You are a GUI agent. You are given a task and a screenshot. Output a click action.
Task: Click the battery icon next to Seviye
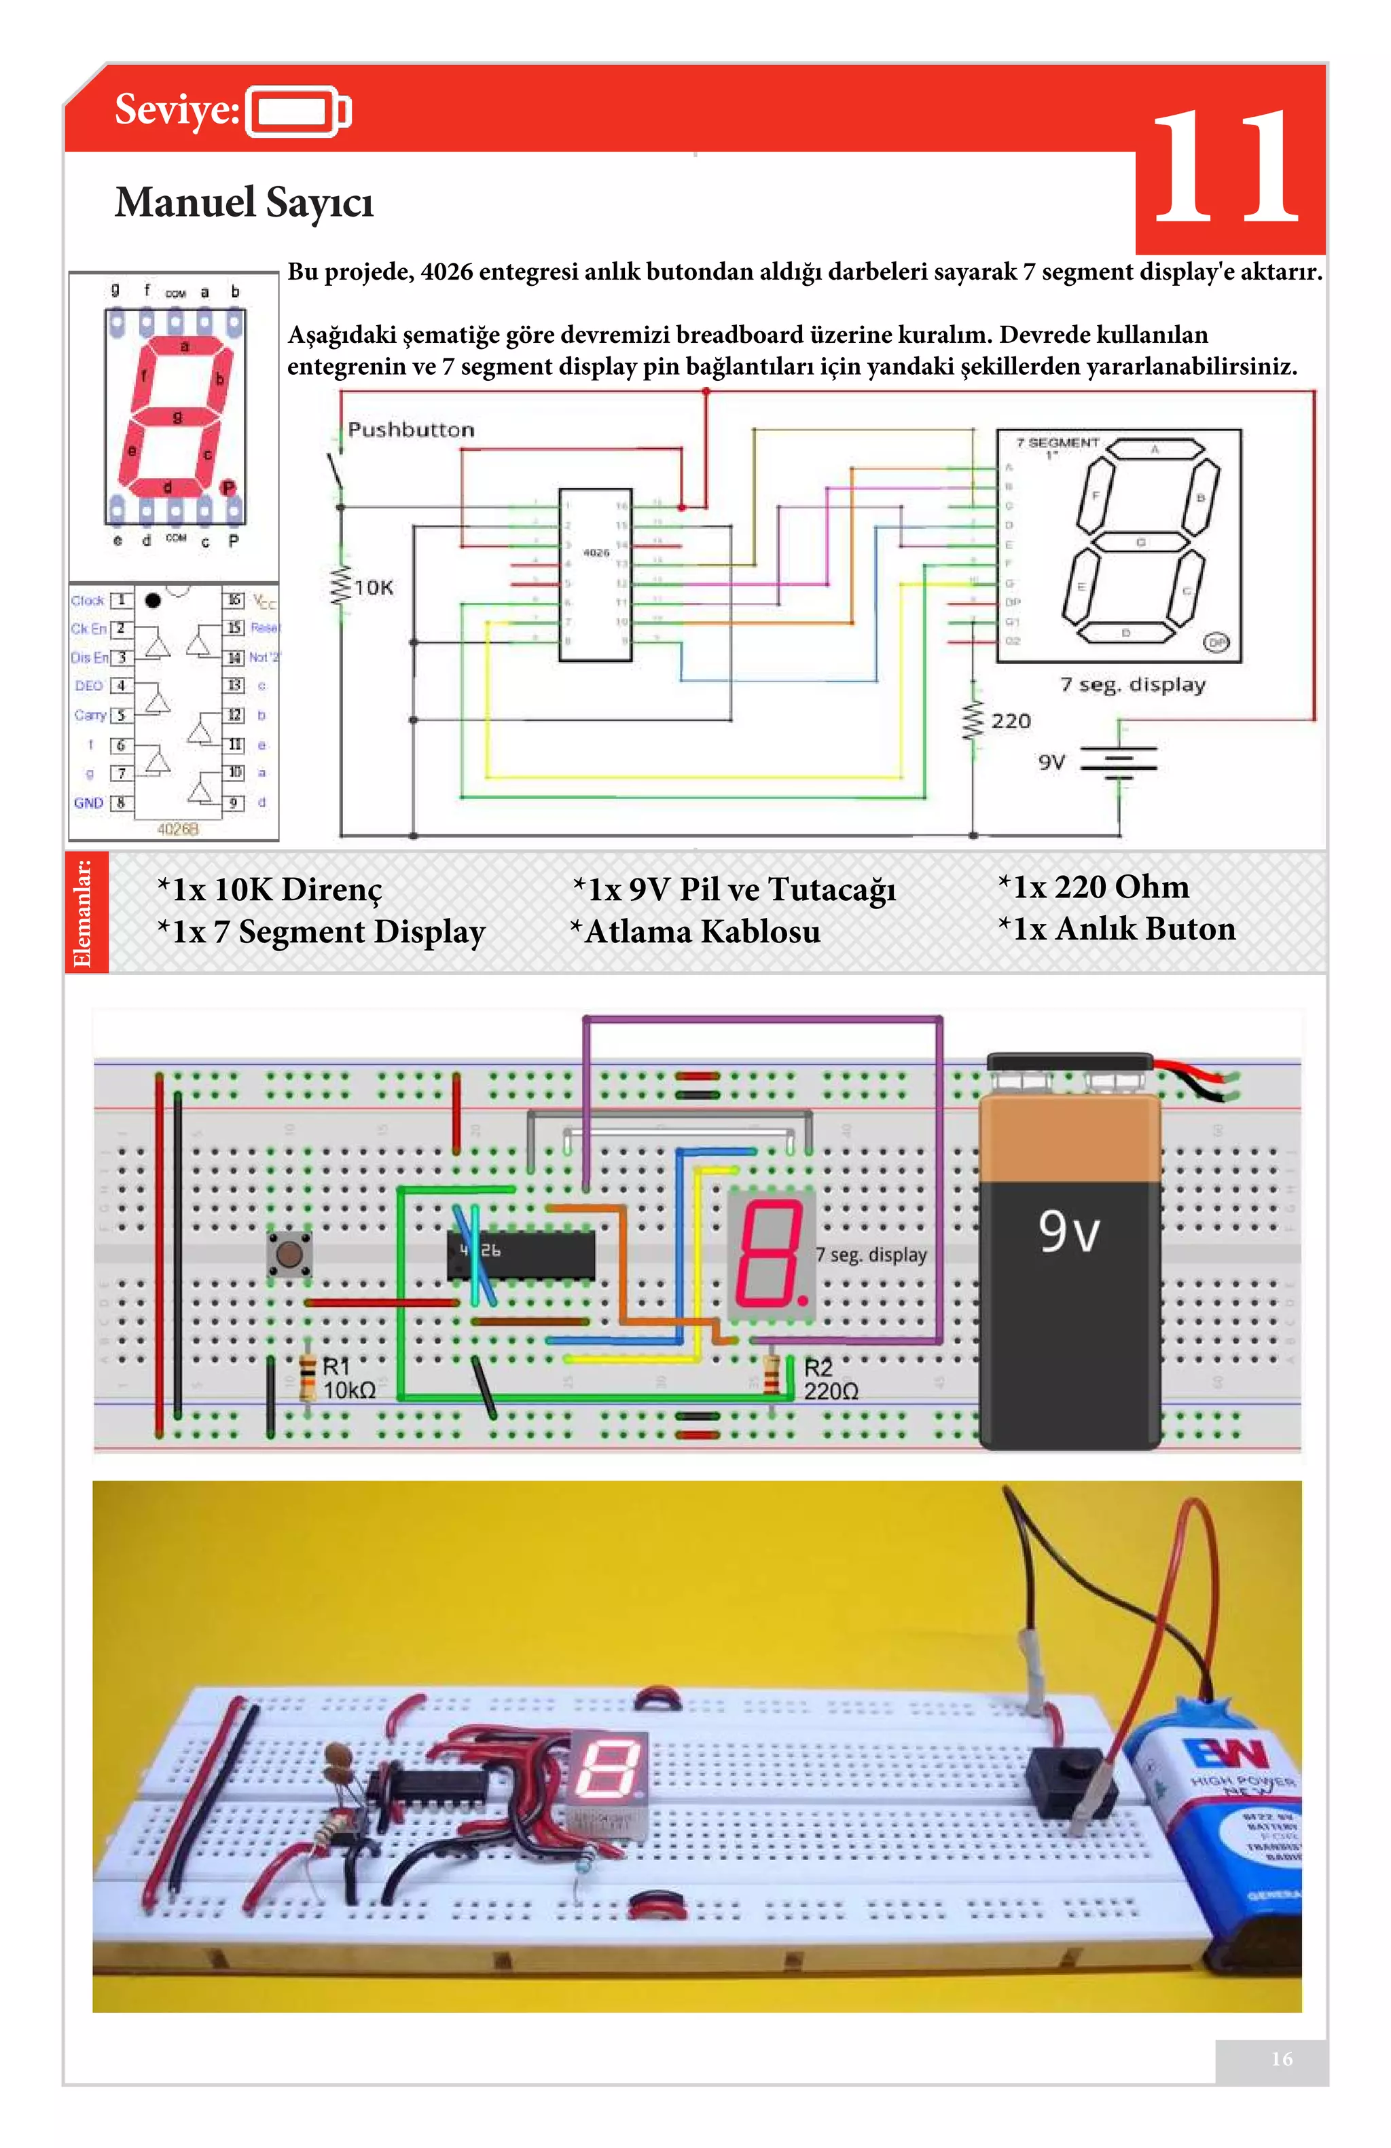[298, 112]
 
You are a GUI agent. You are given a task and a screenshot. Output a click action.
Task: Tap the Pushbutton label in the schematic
[411, 430]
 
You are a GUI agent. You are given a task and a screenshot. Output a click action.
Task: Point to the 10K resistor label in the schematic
[373, 587]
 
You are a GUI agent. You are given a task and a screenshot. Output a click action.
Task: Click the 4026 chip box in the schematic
[595, 575]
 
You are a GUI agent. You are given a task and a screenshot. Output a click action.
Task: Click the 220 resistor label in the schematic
[1010, 721]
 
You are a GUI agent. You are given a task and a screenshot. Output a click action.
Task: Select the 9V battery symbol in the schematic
[1119, 761]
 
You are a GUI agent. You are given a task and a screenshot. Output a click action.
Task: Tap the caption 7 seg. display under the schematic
[1132, 685]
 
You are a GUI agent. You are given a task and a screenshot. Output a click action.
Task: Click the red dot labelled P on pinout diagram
[228, 487]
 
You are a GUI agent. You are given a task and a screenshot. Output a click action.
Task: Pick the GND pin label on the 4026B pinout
[88, 802]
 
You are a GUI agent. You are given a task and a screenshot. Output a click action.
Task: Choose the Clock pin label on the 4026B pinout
[88, 600]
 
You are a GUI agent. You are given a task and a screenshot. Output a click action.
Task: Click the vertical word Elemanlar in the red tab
[84, 912]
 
